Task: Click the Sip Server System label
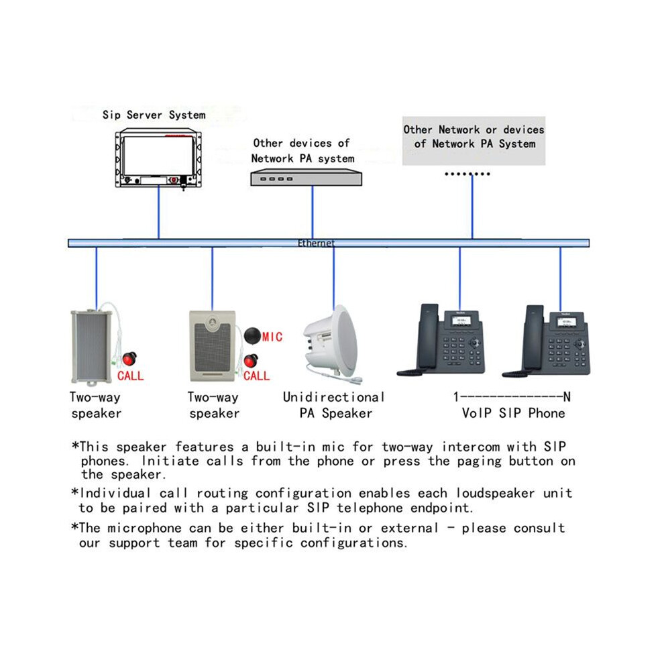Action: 154,115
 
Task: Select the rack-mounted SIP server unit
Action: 158,158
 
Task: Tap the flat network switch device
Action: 306,178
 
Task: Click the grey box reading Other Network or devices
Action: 474,141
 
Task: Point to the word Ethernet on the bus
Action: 316,243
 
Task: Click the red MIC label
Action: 272,337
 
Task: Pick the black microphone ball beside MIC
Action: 252,335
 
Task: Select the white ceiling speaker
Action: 331,344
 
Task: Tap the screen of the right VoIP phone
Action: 566,322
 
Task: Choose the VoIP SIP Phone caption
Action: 513,413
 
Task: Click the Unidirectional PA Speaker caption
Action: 334,405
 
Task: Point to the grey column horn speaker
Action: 92,347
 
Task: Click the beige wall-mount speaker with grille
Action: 212,346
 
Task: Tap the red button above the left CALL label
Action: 129,359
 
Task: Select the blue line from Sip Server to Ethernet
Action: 158,212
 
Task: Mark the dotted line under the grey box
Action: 467,174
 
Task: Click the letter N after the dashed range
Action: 567,397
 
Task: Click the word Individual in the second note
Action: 115,493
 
